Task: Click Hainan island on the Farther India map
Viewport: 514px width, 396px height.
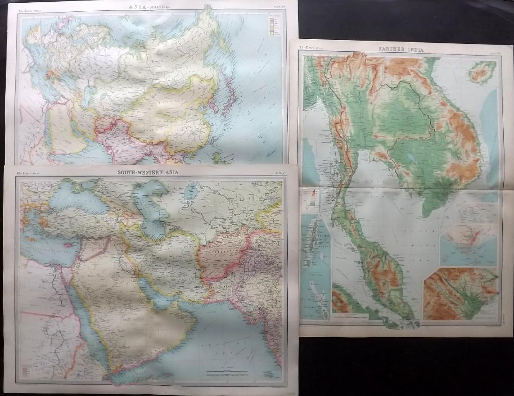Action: [x=482, y=72]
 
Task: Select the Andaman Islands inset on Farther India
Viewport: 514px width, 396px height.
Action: [x=316, y=266]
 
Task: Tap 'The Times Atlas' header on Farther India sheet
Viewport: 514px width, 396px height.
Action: [x=310, y=47]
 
